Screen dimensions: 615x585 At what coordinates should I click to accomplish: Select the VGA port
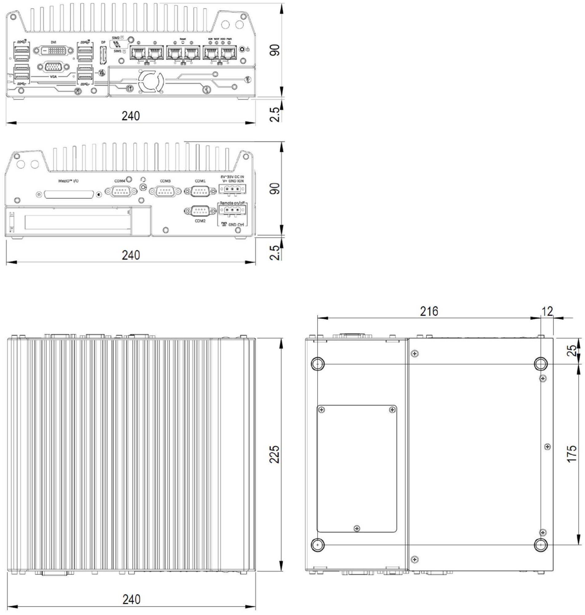(x=53, y=67)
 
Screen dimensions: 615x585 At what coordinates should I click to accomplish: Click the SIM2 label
(x=116, y=38)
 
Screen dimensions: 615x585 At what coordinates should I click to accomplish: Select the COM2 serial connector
(x=200, y=211)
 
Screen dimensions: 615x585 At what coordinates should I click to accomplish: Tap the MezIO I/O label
(x=69, y=181)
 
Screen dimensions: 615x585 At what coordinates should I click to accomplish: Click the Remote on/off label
(x=232, y=203)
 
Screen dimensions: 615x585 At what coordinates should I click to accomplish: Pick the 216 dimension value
(x=429, y=311)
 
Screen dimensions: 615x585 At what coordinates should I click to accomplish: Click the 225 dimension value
(x=275, y=454)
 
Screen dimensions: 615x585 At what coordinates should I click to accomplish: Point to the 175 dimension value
(x=572, y=454)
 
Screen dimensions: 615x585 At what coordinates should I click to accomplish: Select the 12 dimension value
(x=547, y=311)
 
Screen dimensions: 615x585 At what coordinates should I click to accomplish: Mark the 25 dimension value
(x=572, y=351)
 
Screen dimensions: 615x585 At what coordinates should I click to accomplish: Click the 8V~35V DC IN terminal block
(x=232, y=189)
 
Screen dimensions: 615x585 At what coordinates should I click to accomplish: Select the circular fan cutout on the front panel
(x=151, y=82)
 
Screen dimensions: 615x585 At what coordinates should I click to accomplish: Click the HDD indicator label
(x=223, y=39)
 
